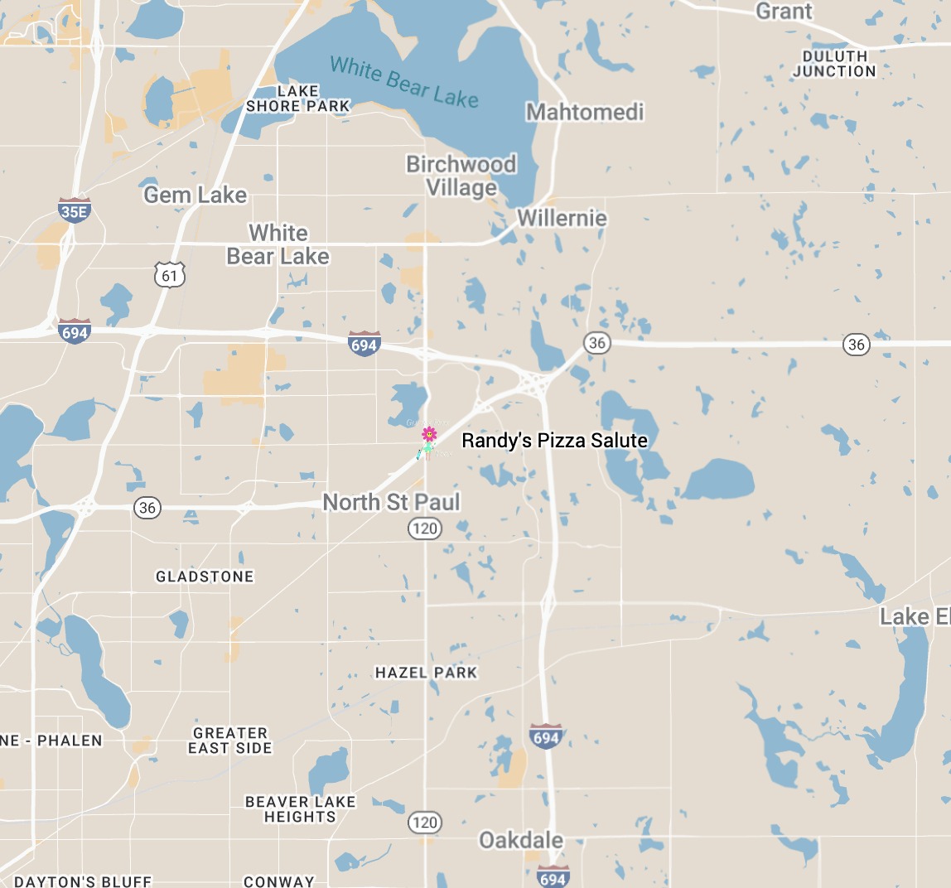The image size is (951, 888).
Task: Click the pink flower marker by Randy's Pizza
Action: pyautogui.click(x=429, y=433)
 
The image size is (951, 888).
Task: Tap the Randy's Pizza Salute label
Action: pyautogui.click(x=554, y=441)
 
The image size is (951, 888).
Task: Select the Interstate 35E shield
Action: pyautogui.click(x=74, y=210)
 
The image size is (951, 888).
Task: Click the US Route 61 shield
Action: pyautogui.click(x=170, y=274)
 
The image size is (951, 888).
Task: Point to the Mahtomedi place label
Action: pyautogui.click(x=585, y=112)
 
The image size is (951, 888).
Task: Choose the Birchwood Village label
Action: pyautogui.click(x=461, y=176)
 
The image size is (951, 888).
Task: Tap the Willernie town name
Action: pyautogui.click(x=562, y=218)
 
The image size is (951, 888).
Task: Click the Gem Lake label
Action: pyautogui.click(x=195, y=195)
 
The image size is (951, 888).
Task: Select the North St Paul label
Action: pyautogui.click(x=391, y=502)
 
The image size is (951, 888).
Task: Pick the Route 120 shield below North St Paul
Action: pyautogui.click(x=424, y=528)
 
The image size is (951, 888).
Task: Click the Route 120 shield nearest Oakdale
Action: pyautogui.click(x=424, y=822)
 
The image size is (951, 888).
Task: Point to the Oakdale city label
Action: pyautogui.click(x=521, y=840)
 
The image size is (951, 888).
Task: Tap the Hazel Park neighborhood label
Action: pyautogui.click(x=426, y=673)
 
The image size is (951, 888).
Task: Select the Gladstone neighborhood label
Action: pyautogui.click(x=205, y=577)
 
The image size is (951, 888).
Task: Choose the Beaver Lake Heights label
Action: pyautogui.click(x=300, y=809)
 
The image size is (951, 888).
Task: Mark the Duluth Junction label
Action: pyautogui.click(x=834, y=64)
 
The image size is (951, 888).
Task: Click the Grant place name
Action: pyautogui.click(x=784, y=12)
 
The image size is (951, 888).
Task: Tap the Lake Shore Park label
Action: pyautogui.click(x=298, y=99)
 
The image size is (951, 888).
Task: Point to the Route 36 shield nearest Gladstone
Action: pyautogui.click(x=147, y=507)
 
